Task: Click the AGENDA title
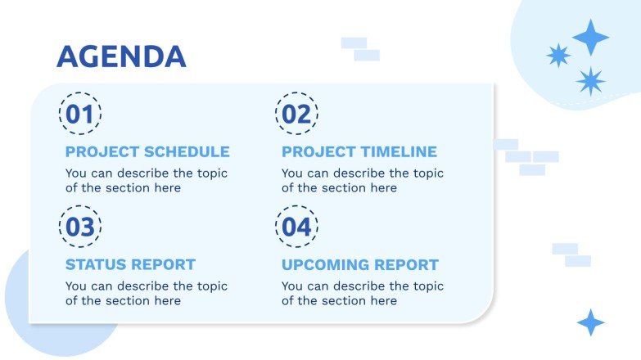(x=121, y=56)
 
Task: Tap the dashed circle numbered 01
(x=80, y=114)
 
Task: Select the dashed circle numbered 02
(x=296, y=114)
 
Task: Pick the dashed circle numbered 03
(x=80, y=227)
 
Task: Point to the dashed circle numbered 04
(x=296, y=227)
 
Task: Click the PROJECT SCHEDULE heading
(x=147, y=152)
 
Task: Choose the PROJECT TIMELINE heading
(x=359, y=152)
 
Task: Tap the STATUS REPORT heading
(x=130, y=265)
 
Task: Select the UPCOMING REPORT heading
(x=360, y=265)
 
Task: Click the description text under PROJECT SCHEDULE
(x=146, y=181)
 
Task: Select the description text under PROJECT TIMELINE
(x=362, y=181)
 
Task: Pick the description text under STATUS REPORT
(x=146, y=294)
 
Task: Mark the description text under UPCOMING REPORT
(x=362, y=294)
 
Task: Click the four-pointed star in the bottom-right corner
(x=590, y=322)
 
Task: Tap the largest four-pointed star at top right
(x=590, y=38)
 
